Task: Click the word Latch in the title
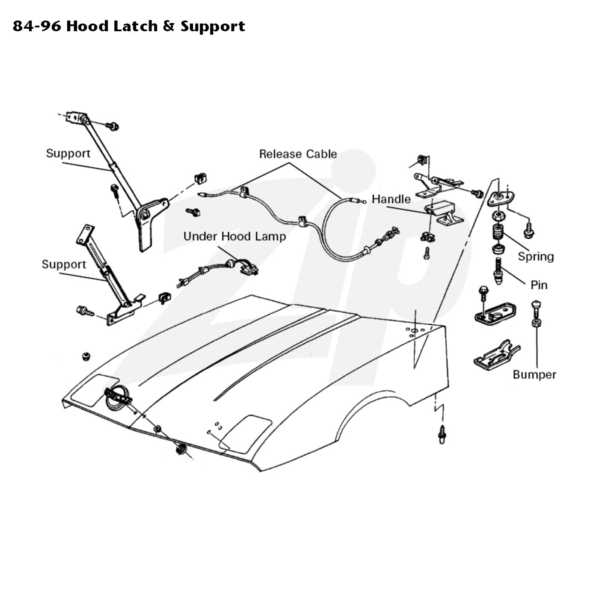pos(135,26)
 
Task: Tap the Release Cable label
pos(298,154)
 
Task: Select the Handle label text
pos(391,199)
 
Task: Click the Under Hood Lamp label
pos(234,236)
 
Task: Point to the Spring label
pos(536,257)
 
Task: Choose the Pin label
pos(539,285)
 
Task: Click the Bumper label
pos(534,374)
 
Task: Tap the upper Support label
pos(68,153)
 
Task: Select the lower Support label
pos(64,264)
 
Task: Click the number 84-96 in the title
pos(37,26)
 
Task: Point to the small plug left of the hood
pos(86,356)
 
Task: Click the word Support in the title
pos(213,27)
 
